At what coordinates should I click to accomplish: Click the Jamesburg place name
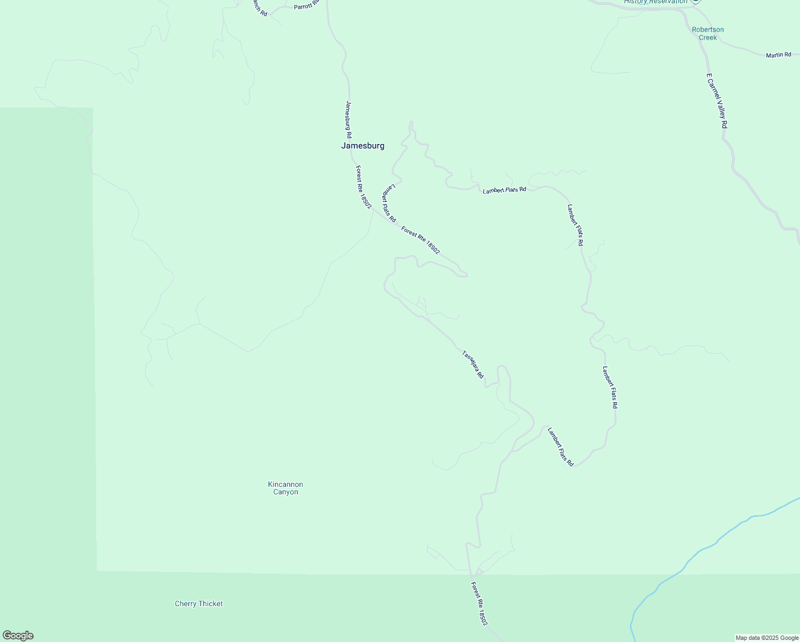coord(363,146)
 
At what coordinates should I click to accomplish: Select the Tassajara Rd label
coord(473,364)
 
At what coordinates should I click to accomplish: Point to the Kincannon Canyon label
coord(286,488)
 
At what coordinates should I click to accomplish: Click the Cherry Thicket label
coord(199,603)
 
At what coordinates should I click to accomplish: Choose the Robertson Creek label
coord(707,33)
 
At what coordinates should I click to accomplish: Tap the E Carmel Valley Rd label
coord(717,101)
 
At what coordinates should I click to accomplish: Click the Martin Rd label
coord(778,55)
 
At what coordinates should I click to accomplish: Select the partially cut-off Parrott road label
coord(306,5)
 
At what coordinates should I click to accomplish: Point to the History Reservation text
coord(656,2)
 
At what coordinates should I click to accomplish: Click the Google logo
coord(18,636)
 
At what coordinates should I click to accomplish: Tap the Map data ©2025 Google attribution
coord(766,638)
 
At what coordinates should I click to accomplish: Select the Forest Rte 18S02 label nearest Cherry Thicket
coord(479,603)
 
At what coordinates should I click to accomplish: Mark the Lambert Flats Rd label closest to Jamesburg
coord(389,203)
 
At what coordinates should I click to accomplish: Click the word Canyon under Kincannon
coord(286,492)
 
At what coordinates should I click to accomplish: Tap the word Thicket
coord(211,603)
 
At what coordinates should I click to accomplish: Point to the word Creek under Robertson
coord(707,37)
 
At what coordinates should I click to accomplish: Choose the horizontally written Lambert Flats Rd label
coord(504,190)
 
